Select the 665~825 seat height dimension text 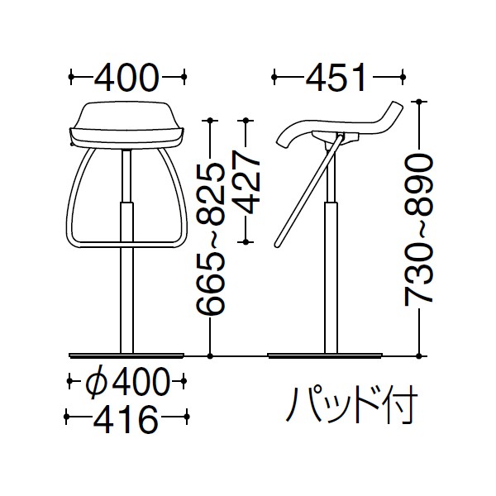[212, 240]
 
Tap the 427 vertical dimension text [246, 182]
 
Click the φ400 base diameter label [126, 382]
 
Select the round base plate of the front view [126, 355]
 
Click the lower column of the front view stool [126, 281]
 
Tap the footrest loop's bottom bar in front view [126, 246]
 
